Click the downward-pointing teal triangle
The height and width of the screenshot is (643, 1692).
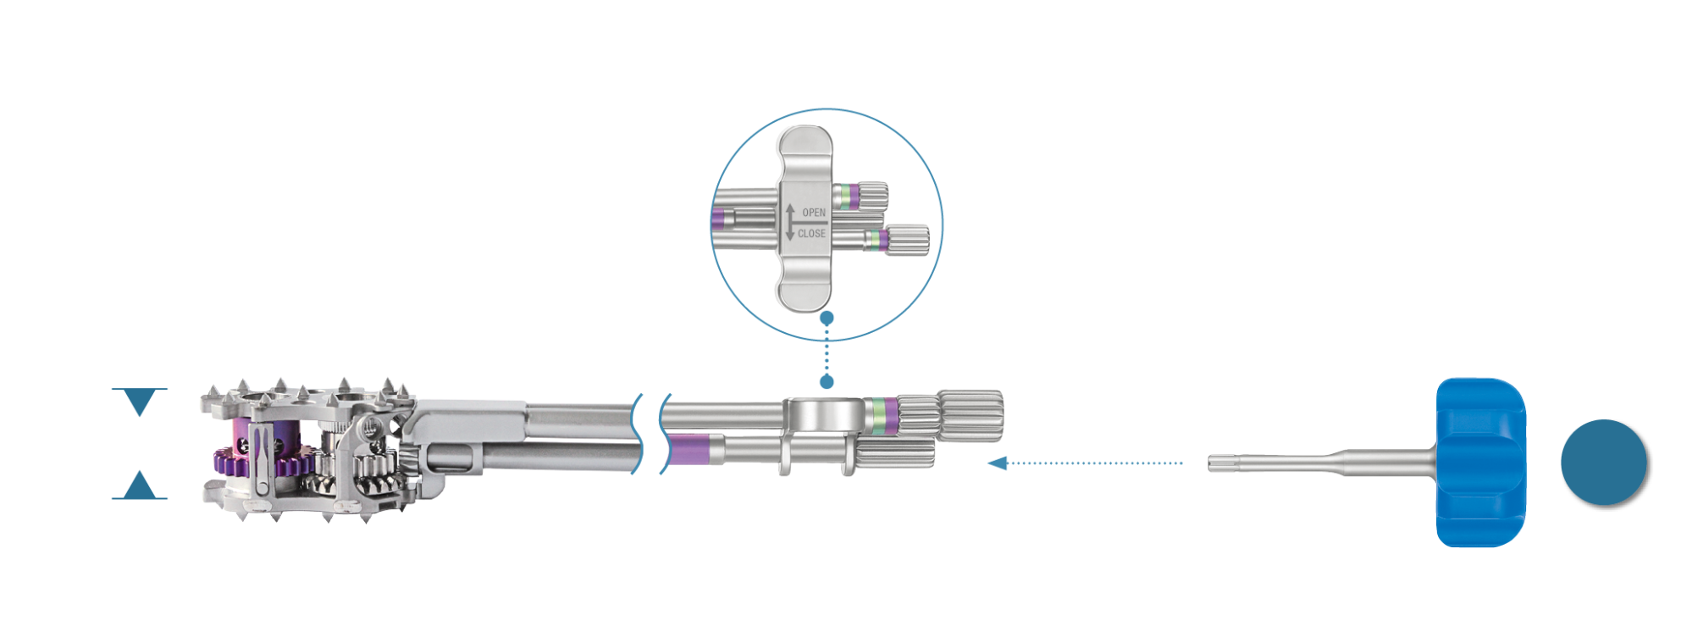click(x=140, y=401)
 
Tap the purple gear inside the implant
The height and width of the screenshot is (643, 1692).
click(x=254, y=462)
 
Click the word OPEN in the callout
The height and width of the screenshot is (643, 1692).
click(x=814, y=213)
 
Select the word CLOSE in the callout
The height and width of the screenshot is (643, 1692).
click(x=811, y=233)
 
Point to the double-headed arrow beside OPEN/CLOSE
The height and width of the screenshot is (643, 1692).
click(x=790, y=222)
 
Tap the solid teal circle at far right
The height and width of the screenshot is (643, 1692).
click(x=1603, y=462)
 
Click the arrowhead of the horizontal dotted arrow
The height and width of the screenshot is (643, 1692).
click(x=998, y=463)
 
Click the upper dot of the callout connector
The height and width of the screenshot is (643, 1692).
click(x=827, y=318)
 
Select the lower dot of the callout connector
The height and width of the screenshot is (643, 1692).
click(x=827, y=382)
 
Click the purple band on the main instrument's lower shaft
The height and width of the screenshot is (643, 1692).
click(x=688, y=450)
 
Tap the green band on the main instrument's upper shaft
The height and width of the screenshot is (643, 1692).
click(x=880, y=415)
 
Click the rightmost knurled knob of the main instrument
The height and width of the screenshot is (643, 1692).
click(x=970, y=415)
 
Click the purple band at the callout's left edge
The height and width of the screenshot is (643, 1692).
click(x=718, y=219)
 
